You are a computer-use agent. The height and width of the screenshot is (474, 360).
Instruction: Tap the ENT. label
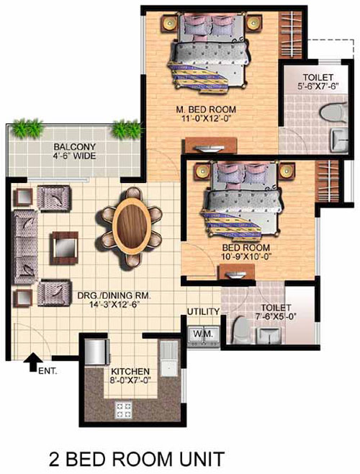[48, 371]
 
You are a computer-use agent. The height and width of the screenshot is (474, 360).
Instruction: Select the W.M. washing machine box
[204, 336]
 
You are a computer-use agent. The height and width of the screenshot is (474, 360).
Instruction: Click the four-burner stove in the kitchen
[124, 409]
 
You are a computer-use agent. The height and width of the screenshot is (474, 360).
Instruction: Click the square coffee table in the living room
[64, 248]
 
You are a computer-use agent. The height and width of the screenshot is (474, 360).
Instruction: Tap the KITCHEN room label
[130, 372]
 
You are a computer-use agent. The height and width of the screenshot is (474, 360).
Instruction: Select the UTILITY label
[203, 312]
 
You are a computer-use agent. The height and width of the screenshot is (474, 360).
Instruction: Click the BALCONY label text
[74, 147]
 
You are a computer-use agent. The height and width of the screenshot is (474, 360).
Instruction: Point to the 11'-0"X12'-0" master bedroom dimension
[206, 118]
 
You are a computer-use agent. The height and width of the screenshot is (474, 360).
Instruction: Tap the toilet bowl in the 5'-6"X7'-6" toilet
[333, 113]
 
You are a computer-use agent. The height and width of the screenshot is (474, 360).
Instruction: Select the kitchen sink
[168, 359]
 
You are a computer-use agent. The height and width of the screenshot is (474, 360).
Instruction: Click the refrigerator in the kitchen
[96, 352]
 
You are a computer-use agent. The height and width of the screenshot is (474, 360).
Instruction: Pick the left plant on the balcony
[28, 128]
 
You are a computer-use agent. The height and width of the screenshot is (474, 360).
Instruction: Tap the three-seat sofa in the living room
[24, 248]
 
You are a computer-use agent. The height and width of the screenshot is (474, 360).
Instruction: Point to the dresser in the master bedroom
[211, 146]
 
